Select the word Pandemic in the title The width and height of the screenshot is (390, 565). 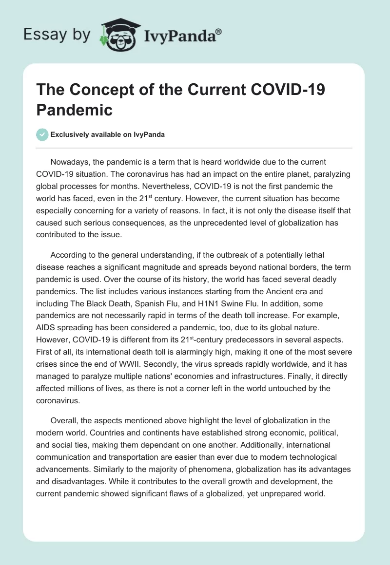point(74,110)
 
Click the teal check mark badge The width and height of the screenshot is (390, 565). point(42,134)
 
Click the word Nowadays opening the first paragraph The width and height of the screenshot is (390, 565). point(68,161)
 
